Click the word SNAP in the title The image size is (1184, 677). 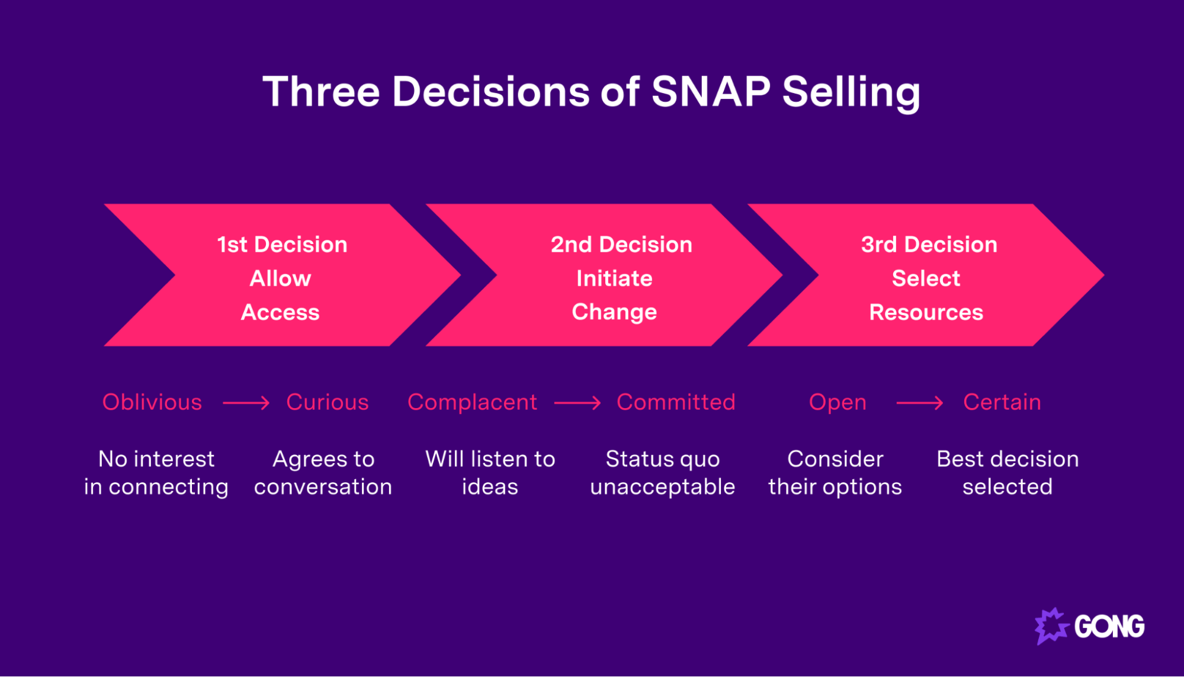(x=710, y=92)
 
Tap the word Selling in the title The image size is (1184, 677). (x=851, y=93)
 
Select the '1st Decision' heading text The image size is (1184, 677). (x=282, y=245)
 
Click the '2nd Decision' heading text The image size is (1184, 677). (x=621, y=245)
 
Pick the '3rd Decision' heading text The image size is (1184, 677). (x=929, y=245)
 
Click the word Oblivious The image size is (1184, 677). (x=152, y=402)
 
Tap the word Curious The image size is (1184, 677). (x=327, y=402)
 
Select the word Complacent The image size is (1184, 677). (x=472, y=402)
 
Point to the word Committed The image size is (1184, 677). (x=676, y=402)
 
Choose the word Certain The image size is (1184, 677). (x=1002, y=402)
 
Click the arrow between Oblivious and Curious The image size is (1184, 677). (x=246, y=403)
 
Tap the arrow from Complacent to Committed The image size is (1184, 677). (x=577, y=403)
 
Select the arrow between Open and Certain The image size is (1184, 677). (x=919, y=403)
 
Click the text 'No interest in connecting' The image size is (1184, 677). (x=156, y=473)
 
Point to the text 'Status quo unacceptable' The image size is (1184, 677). (x=662, y=473)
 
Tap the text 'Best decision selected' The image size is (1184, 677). (x=1007, y=473)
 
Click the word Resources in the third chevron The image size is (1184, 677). (x=926, y=312)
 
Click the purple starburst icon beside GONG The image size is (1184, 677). (x=1051, y=626)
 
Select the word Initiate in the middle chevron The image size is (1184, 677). (x=614, y=278)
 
